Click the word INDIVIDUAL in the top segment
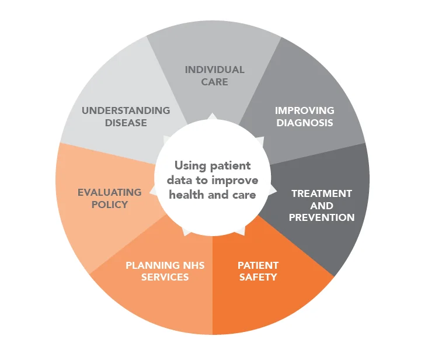point(214,70)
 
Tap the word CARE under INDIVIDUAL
point(214,82)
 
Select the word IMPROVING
point(304,110)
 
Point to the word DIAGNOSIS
point(305,123)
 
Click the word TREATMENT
point(322,193)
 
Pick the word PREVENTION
point(322,217)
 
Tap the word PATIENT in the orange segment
point(258,265)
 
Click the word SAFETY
point(258,277)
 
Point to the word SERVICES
point(165,277)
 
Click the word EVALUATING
point(109,192)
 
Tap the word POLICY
point(109,205)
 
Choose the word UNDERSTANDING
point(126,110)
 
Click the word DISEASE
point(126,123)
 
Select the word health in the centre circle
point(185,195)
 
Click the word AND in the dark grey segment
point(322,206)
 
